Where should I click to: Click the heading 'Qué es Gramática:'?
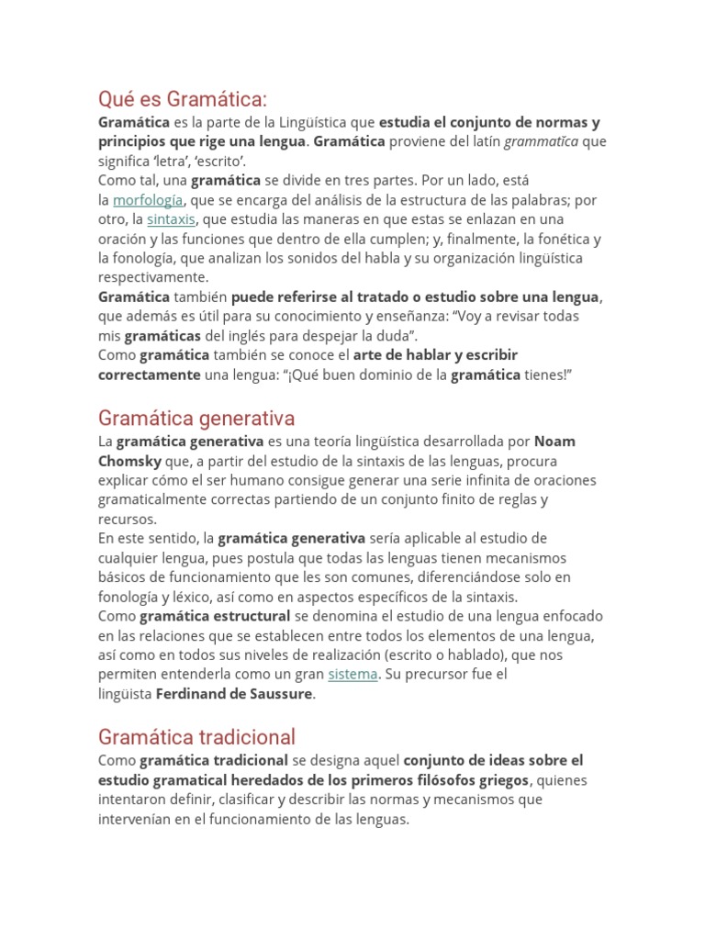pyautogui.click(x=182, y=98)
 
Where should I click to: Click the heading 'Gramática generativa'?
pyautogui.click(x=196, y=419)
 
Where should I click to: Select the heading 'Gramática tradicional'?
pyautogui.click(x=196, y=736)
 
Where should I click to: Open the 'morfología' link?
pyautogui.click(x=148, y=200)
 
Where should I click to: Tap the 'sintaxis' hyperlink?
pyautogui.click(x=171, y=219)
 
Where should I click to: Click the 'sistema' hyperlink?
pyautogui.click(x=352, y=674)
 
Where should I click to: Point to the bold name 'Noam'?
pyautogui.click(x=554, y=442)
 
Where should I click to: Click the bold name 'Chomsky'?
pyautogui.click(x=129, y=461)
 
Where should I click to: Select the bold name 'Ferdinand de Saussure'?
pyautogui.click(x=235, y=693)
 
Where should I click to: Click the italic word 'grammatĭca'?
pyautogui.click(x=542, y=141)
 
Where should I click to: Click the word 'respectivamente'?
pyautogui.click(x=153, y=276)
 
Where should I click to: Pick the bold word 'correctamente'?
pyautogui.click(x=149, y=375)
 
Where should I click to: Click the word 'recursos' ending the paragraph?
pyautogui.click(x=127, y=520)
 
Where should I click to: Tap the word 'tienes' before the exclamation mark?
pyautogui.click(x=545, y=375)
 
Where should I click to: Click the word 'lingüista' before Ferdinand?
pyautogui.click(x=125, y=693)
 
